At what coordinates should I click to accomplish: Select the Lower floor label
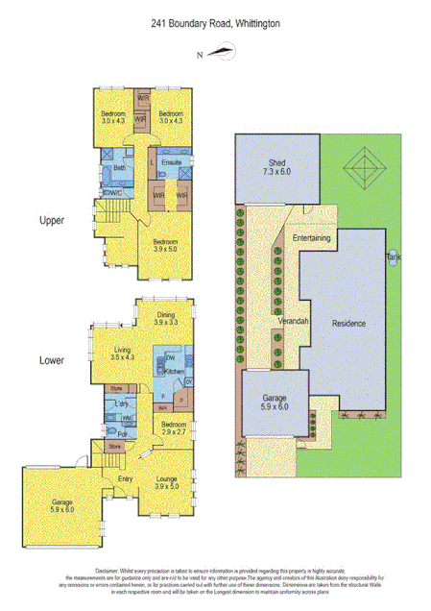[x=52, y=361]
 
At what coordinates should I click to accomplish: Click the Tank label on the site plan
[x=394, y=257]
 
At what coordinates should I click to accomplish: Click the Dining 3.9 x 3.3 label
[x=166, y=318]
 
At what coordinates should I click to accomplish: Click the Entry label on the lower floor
[x=125, y=477]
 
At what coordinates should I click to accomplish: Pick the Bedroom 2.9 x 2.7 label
[x=174, y=428]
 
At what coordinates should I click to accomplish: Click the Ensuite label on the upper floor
[x=173, y=163]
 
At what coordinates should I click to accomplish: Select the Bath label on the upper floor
[x=119, y=168]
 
